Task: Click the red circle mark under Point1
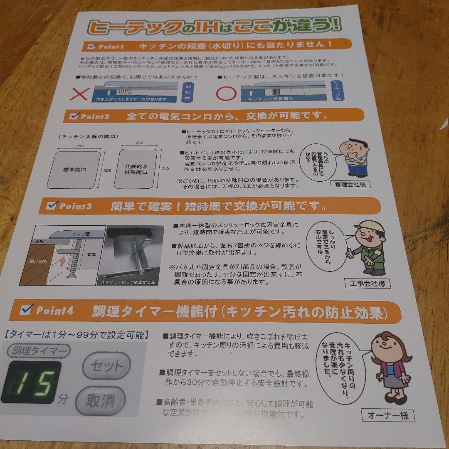pyautogui.click(x=226, y=92)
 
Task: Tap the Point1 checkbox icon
pyautogui.click(x=91, y=46)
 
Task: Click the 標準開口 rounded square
pyautogui.click(x=74, y=170)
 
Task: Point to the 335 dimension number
pyautogui.click(x=165, y=168)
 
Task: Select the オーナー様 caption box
pyautogui.click(x=388, y=414)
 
